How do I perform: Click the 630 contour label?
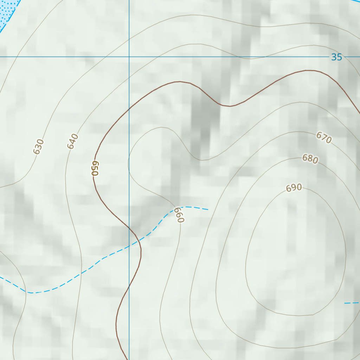coord(39,147)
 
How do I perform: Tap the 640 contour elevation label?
coord(72,141)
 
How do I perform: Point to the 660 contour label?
coord(179,215)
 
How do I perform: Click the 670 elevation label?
coord(324,137)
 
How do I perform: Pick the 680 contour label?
coord(310,159)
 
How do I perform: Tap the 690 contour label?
coord(294,188)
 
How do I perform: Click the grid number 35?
coord(336,57)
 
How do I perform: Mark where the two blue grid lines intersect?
coord(129,57)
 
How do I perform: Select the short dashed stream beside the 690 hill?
coord(352,303)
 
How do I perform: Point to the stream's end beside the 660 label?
coord(207,209)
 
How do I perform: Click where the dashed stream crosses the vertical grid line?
coord(129,246)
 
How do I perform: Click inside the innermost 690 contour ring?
coord(295,253)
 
